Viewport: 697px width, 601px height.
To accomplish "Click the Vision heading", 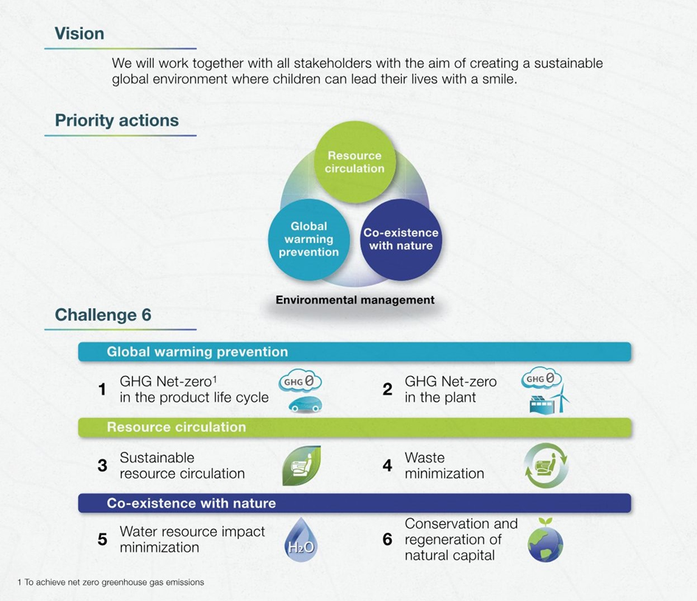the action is [x=79, y=34].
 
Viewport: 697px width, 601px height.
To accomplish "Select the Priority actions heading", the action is [x=117, y=120].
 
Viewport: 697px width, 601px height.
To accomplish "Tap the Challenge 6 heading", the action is [x=103, y=315].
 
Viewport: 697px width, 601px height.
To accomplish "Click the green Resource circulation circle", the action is [x=355, y=161].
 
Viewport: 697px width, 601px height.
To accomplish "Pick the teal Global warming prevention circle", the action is [x=309, y=239].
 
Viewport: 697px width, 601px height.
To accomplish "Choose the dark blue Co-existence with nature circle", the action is [x=401, y=239].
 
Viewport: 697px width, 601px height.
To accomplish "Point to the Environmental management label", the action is [x=356, y=300].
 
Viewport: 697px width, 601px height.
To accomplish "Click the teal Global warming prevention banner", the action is [x=355, y=352].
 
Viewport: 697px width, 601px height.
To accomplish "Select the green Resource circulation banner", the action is [x=355, y=427].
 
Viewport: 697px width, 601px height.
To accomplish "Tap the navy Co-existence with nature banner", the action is [x=355, y=503].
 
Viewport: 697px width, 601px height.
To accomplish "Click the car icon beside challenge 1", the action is [x=305, y=404].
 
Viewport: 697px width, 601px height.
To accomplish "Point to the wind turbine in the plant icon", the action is [x=563, y=398].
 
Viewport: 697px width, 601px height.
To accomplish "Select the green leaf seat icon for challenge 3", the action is [x=302, y=465].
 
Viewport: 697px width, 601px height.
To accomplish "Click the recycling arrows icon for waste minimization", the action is [x=546, y=465].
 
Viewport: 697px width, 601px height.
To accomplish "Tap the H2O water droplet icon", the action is [x=301, y=539].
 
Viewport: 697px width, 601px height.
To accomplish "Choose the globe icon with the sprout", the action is [x=545, y=540].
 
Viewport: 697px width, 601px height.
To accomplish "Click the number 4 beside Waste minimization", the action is [x=387, y=465].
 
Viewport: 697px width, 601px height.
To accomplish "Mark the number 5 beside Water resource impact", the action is [x=103, y=540].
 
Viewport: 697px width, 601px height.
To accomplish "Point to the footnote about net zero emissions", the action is [x=111, y=583].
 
